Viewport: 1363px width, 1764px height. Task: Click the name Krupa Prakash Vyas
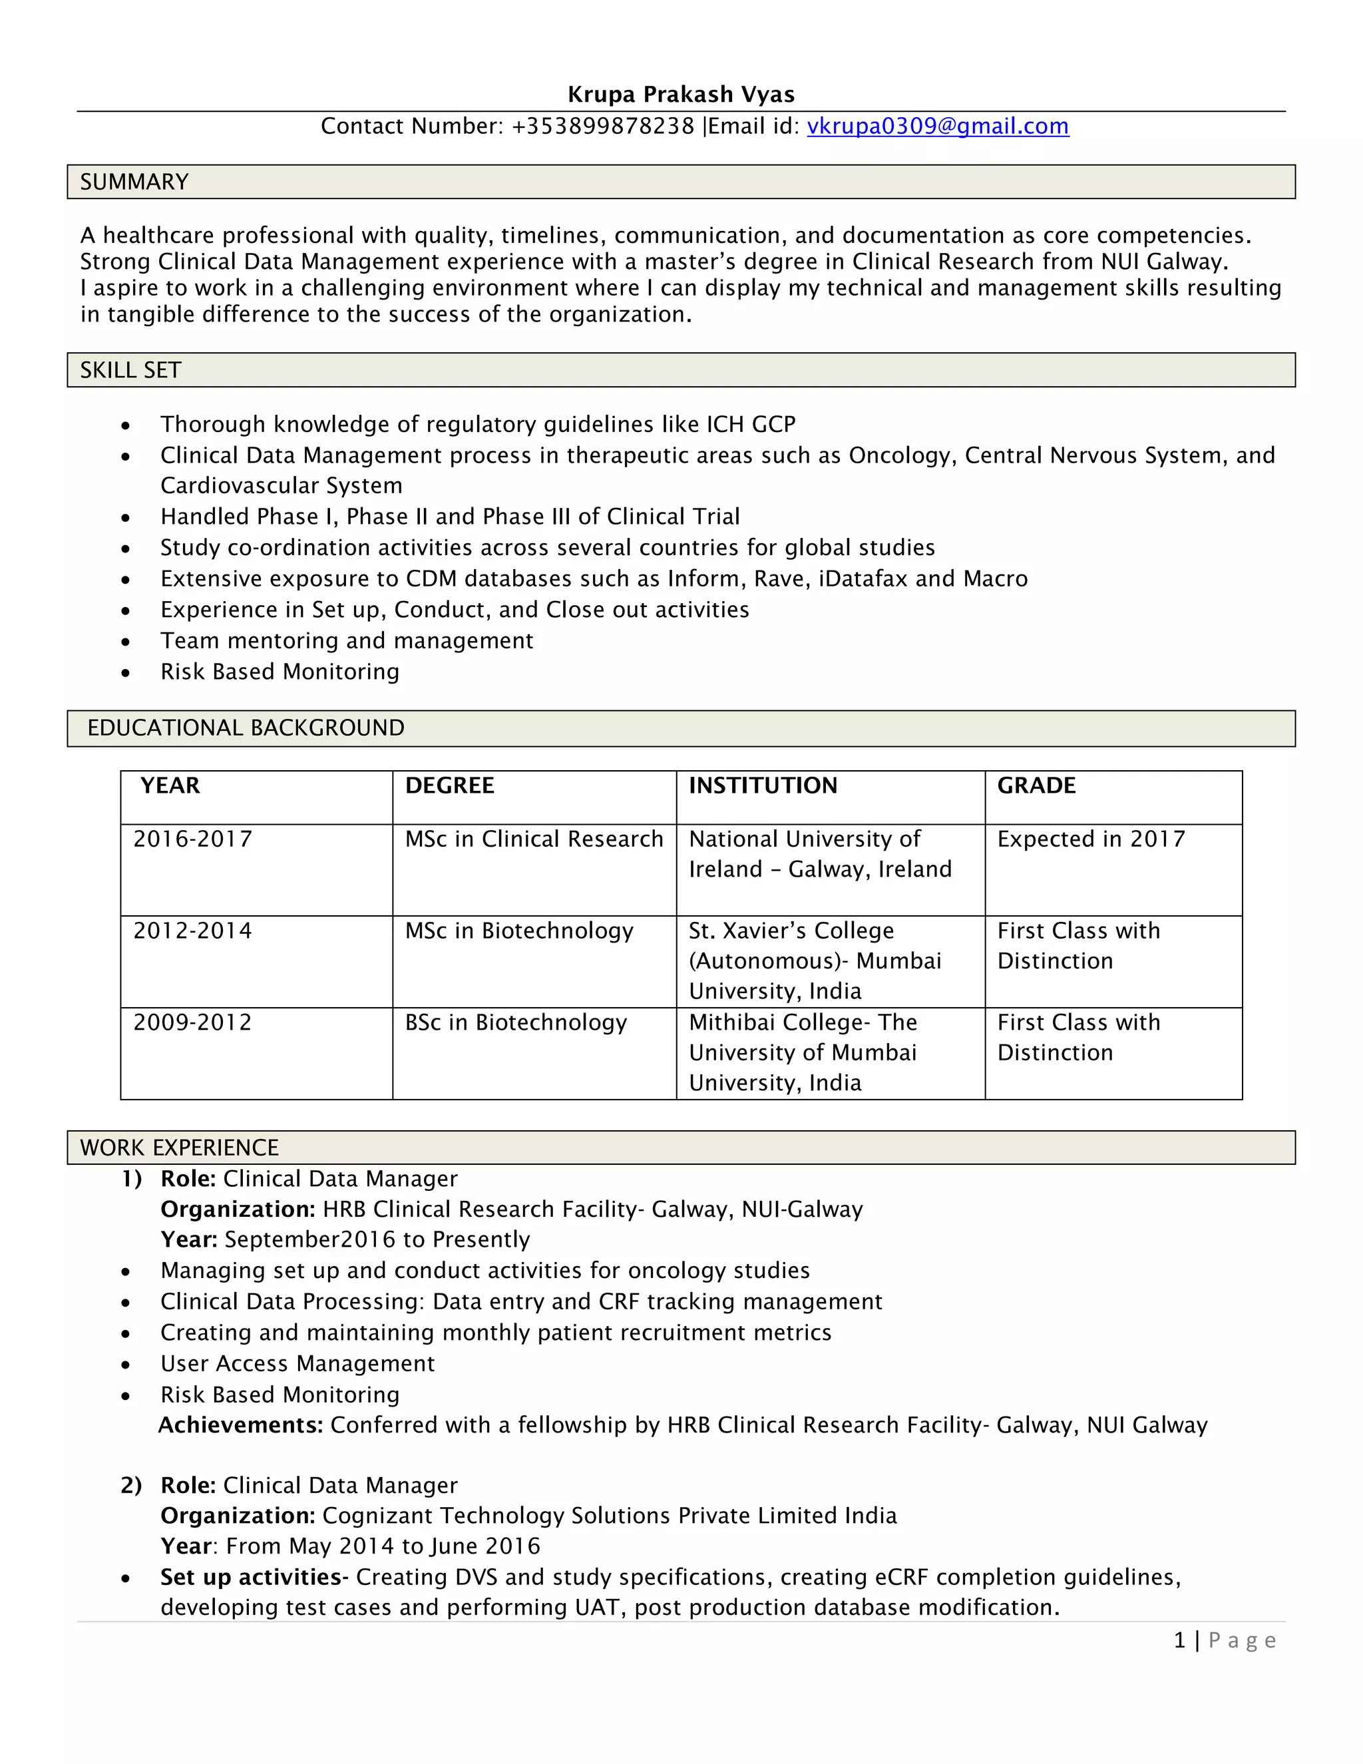pos(681,95)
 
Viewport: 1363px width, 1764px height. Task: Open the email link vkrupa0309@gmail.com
pos(938,126)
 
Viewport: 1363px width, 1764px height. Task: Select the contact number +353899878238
pos(602,126)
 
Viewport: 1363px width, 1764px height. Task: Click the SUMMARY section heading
pos(134,182)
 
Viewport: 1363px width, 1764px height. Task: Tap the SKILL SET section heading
pos(131,370)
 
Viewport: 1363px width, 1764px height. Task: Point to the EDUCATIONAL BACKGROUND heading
pos(246,728)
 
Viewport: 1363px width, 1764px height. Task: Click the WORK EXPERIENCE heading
pos(179,1147)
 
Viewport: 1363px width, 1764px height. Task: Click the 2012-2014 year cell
pos(192,931)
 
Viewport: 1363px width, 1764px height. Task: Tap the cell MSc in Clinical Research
pos(534,839)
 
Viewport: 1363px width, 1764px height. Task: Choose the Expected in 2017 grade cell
pos(1091,839)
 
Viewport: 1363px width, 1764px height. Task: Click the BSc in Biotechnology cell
pos(516,1022)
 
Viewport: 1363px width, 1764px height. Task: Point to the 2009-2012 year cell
pos(192,1022)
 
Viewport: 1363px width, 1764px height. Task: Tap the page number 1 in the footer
pos(1179,1640)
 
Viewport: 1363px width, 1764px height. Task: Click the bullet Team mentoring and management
pos(346,640)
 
